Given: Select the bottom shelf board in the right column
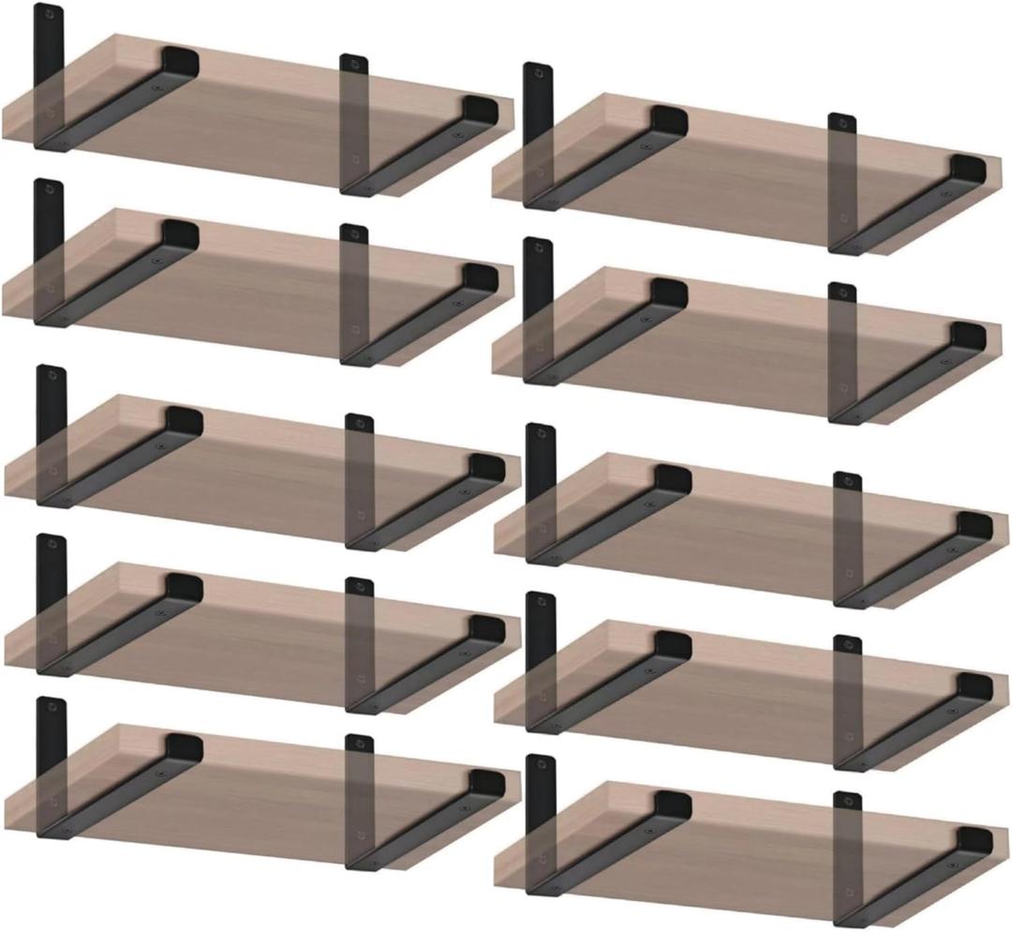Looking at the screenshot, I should click(750, 844).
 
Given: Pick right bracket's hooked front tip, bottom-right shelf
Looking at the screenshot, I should click(975, 844).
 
